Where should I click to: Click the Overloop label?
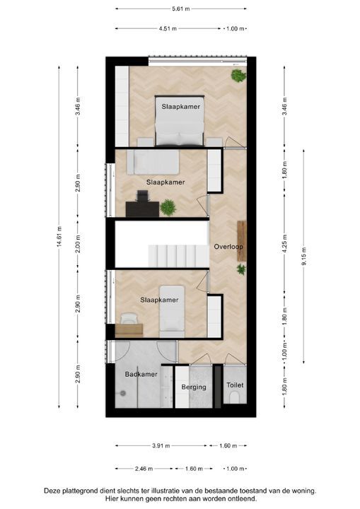(x=228, y=247)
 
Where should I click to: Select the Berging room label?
(x=194, y=387)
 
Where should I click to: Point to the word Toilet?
(x=235, y=385)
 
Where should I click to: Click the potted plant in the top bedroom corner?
(x=238, y=75)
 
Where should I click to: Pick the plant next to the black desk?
(x=168, y=207)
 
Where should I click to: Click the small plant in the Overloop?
(x=241, y=269)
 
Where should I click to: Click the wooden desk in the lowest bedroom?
(x=129, y=329)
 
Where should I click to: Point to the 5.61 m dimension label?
(x=180, y=9)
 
